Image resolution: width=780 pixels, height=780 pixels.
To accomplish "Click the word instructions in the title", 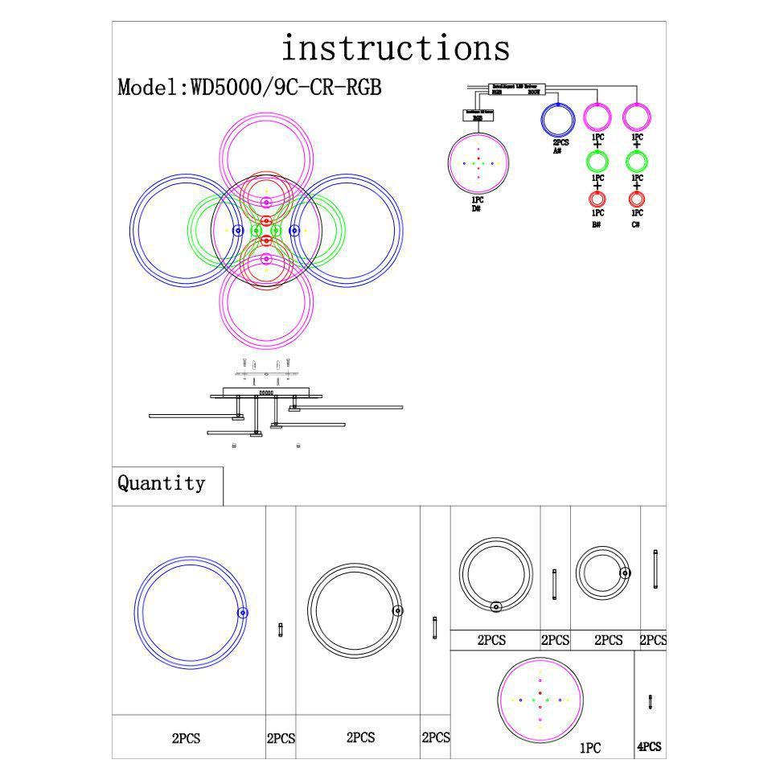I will [395, 48].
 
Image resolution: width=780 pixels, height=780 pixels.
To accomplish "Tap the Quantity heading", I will [161, 483].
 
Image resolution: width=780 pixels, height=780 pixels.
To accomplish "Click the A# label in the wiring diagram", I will [556, 150].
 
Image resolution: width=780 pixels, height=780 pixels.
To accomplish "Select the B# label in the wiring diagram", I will [597, 225].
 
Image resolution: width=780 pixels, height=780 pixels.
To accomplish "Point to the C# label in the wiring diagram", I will [636, 225].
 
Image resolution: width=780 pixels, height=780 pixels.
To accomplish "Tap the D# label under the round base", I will [477, 208].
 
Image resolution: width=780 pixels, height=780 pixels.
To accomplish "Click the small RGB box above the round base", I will [477, 116].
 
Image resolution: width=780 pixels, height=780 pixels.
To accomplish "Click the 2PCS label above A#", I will [559, 142].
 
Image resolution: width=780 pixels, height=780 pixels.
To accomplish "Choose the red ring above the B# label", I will [597, 198].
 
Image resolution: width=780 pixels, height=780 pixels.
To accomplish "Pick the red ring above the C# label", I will [636, 198].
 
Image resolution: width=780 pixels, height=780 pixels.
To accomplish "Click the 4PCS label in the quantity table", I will [649, 747].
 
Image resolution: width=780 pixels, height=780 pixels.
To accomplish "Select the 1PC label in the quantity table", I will [590, 749].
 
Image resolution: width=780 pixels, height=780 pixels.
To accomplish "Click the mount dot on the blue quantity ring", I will [242, 613].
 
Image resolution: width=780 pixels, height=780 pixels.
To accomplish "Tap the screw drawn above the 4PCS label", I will [650, 701].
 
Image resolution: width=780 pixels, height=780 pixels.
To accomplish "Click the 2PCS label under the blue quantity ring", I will [186, 739].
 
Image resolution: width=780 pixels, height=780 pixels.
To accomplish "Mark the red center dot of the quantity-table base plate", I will [540, 692].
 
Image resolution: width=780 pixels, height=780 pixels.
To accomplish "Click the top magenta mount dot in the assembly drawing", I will [266, 203].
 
